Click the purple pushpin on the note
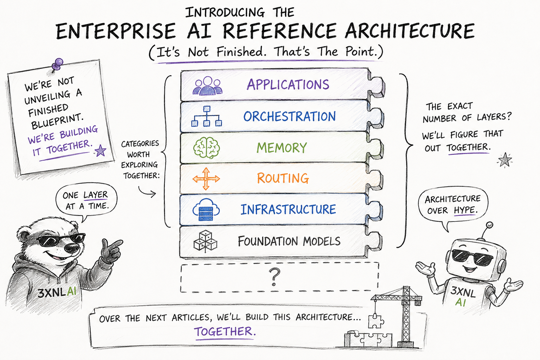[x=57, y=64]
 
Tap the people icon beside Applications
[x=207, y=85]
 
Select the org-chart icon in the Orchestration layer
[x=207, y=116]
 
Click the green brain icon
[x=206, y=148]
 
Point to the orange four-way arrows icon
[x=206, y=179]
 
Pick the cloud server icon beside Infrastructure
[x=206, y=210]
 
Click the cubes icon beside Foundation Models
[x=205, y=242]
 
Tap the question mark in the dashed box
[x=275, y=277]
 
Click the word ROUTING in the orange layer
[x=283, y=179]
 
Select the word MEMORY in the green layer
[x=282, y=148]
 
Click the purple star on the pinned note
[x=100, y=151]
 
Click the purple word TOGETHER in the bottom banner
[x=224, y=332]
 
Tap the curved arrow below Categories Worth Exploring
[x=147, y=192]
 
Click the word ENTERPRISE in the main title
[x=116, y=31]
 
